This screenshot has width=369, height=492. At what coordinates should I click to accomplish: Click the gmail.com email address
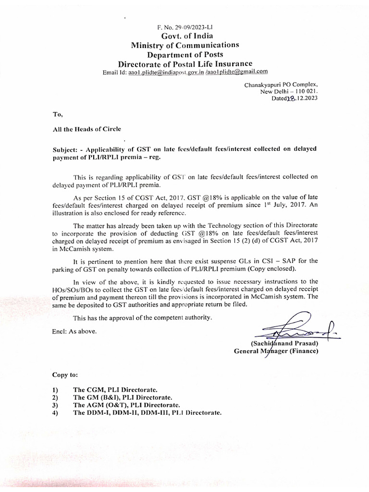[x=236, y=73]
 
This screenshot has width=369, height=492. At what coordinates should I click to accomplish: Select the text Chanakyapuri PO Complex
[x=281, y=85]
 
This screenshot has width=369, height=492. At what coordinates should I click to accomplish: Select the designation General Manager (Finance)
[x=276, y=351]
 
